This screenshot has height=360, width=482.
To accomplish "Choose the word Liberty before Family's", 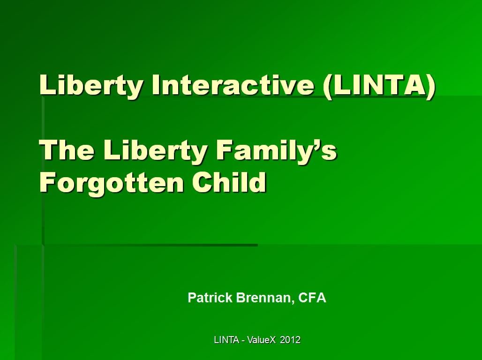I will pos(155,150).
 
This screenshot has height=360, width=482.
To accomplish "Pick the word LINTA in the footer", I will pos(226,340).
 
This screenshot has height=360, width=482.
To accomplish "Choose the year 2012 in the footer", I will pos(290,340).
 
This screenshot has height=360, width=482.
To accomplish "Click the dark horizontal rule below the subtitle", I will pos(150,245).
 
